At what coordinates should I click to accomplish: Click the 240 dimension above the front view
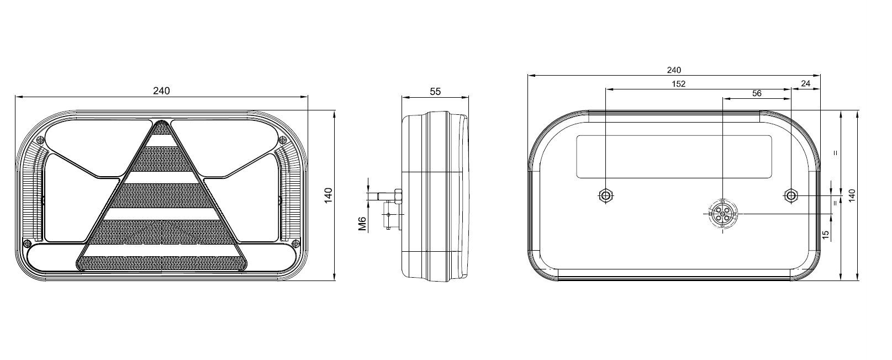pos(161,91)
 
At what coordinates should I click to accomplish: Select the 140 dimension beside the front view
pos(328,195)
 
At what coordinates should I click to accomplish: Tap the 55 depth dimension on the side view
pos(435,92)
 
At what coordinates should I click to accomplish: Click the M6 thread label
pos(362,224)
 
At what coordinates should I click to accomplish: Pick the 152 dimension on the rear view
pos(679,83)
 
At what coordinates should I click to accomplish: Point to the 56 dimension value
pos(757,93)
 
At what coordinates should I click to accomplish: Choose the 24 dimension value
pos(806,83)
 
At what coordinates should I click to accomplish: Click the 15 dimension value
pos(826,235)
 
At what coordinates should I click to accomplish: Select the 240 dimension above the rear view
pos(674,70)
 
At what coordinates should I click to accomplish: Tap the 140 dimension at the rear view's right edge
pos(852,195)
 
